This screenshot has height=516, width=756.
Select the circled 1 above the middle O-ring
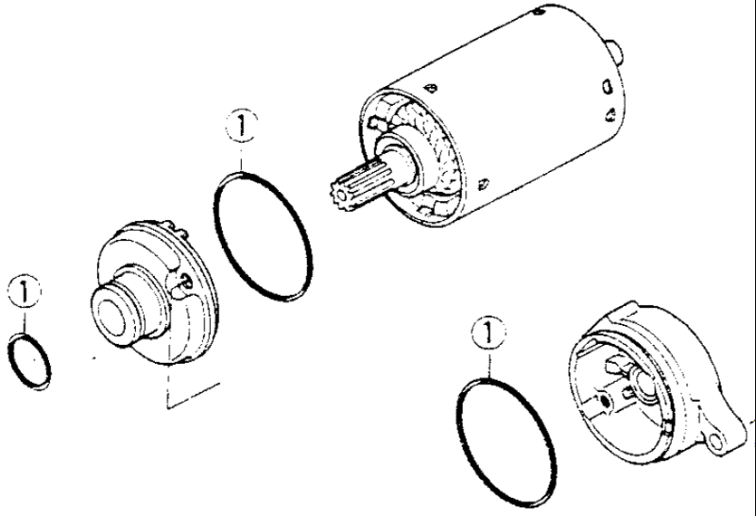pos(243,126)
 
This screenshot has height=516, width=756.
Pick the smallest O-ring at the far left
pos(30,360)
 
